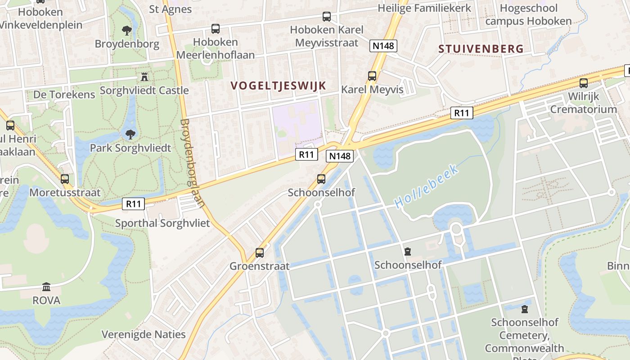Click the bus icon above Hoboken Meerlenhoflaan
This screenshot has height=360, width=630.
[x=216, y=29]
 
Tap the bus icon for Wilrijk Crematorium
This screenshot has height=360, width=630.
[x=584, y=83]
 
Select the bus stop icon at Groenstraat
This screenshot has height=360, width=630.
[x=260, y=252]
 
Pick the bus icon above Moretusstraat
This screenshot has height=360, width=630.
[x=65, y=179]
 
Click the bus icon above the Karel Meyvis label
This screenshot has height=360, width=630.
[x=372, y=76]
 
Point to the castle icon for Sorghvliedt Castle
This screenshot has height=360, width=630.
[x=144, y=77]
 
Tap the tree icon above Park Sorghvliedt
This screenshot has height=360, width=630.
[x=130, y=134]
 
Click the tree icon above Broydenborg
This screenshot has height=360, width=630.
[x=127, y=31]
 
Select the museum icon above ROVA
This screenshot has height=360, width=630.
[x=46, y=287]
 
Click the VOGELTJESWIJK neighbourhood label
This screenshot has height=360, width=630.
[x=278, y=85]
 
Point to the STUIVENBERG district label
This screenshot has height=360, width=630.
[x=481, y=49]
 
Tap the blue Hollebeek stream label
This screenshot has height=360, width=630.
[x=427, y=186]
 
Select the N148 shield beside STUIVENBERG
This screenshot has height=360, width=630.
[x=383, y=45]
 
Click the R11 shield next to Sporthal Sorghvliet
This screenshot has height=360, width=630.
[x=134, y=204]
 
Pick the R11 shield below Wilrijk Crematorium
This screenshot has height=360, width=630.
[x=462, y=113]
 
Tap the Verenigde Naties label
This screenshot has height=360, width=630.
[x=144, y=334]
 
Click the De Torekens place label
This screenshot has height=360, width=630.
[x=64, y=94]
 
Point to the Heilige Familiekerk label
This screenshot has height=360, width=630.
[x=424, y=8]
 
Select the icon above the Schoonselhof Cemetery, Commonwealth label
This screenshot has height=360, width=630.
[x=525, y=309]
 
